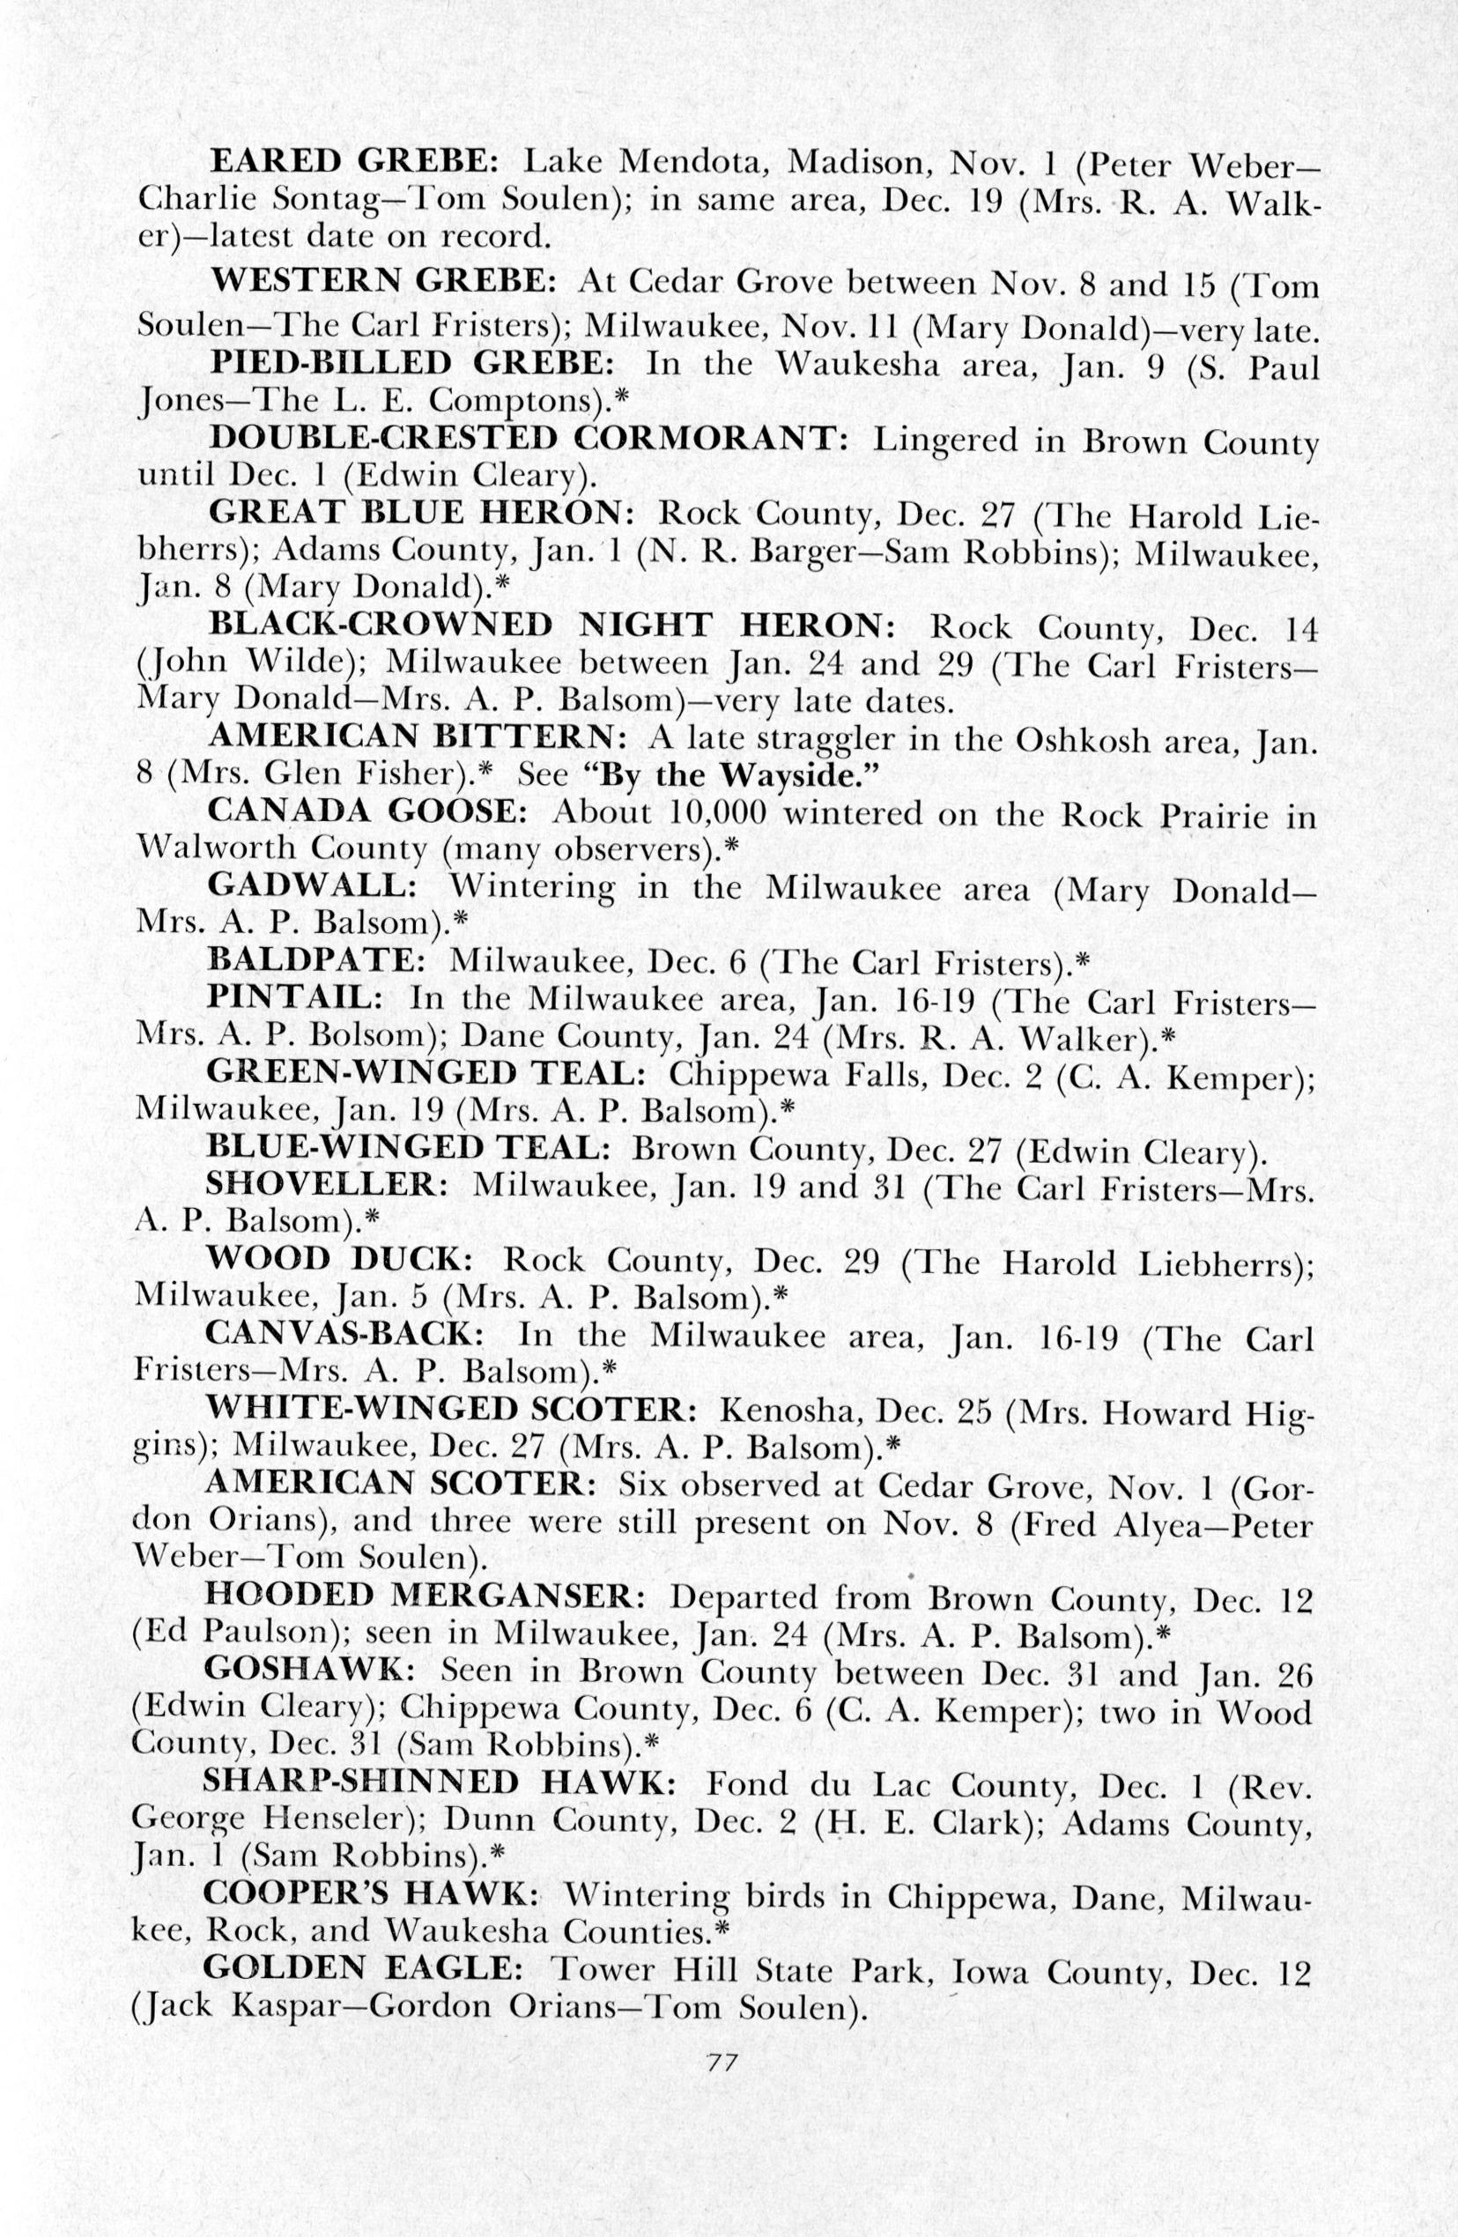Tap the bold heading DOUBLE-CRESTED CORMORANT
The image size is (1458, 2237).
(x=529, y=438)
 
